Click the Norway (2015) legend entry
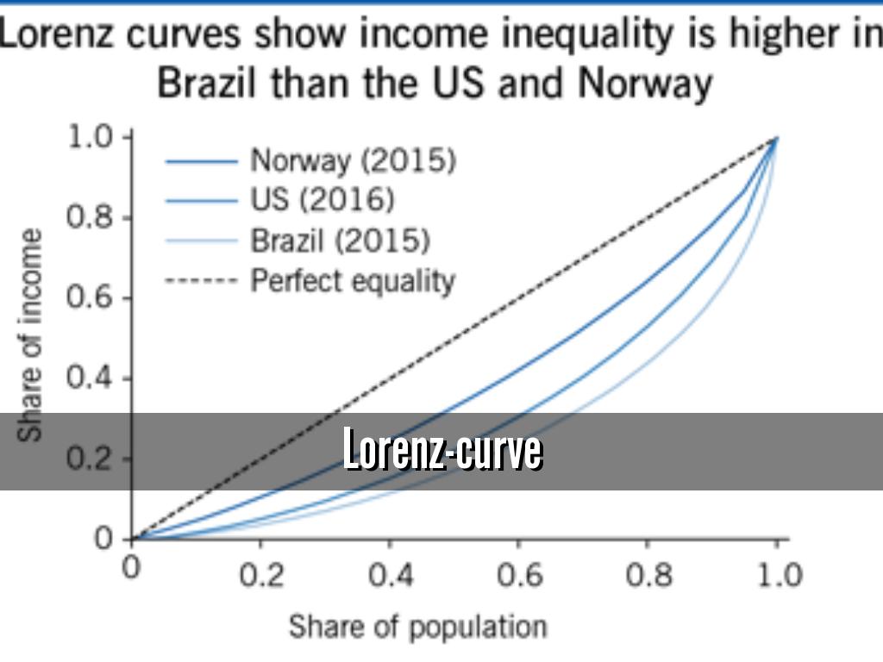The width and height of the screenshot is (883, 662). [x=353, y=160]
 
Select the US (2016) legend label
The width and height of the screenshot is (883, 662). [x=323, y=200]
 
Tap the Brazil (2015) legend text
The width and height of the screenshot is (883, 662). [x=340, y=240]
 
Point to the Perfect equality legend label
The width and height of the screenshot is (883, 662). [x=353, y=281]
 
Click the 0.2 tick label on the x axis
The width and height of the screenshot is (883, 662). [x=260, y=575]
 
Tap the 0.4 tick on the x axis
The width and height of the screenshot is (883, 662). [x=390, y=575]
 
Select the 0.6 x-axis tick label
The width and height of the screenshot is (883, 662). [x=519, y=575]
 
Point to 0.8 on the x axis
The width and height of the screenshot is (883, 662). [x=648, y=575]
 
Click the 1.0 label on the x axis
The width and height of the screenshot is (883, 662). [x=778, y=575]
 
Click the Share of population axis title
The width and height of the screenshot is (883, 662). [x=417, y=627]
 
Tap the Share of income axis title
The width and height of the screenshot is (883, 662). [x=32, y=334]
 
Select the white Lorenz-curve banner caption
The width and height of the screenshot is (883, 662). [x=442, y=451]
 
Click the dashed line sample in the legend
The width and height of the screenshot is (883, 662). [x=200, y=281]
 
